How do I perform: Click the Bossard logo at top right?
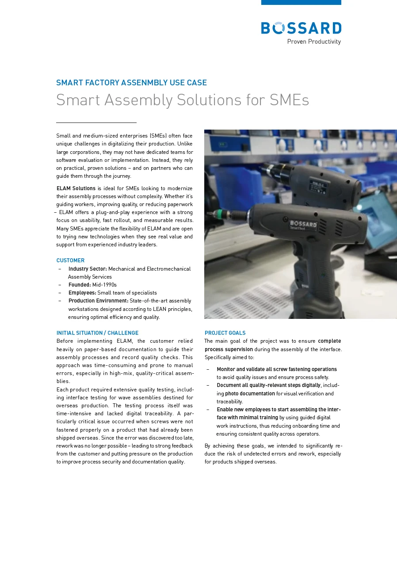[301, 28]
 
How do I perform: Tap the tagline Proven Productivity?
[314, 42]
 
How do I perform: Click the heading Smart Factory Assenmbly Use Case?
[131, 83]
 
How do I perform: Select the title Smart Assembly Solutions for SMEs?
[182, 100]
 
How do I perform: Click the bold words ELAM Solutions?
[76, 188]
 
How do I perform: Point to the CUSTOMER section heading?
[70, 260]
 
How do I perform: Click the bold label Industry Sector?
[88, 269]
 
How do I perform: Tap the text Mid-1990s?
[104, 285]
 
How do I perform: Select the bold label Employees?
[82, 293]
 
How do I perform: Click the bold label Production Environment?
[98, 301]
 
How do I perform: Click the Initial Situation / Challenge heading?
[97, 333]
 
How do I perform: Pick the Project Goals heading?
[225, 333]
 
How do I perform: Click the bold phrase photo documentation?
[250, 394]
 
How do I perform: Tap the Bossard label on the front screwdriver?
[303, 225]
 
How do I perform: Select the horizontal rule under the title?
[96, 123]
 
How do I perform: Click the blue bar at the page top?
[301, 2]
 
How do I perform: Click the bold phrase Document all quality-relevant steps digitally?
[268, 385]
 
